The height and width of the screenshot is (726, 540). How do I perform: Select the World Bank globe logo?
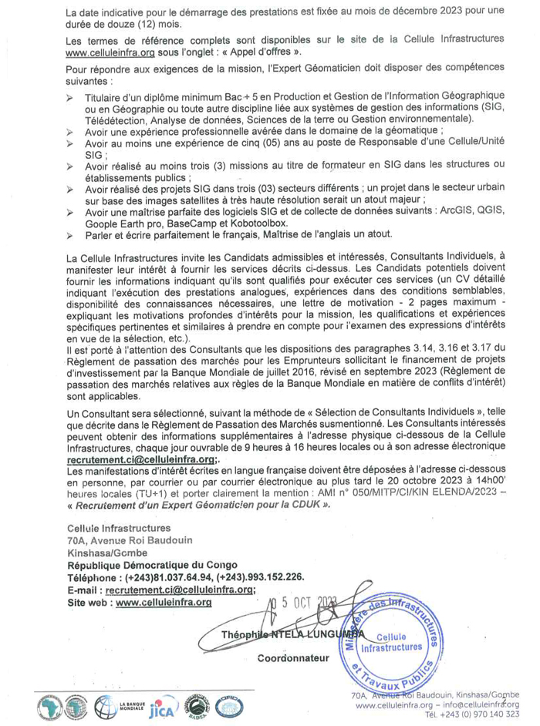(x=106, y=704)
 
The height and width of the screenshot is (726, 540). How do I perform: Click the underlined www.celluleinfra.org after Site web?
(x=163, y=602)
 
